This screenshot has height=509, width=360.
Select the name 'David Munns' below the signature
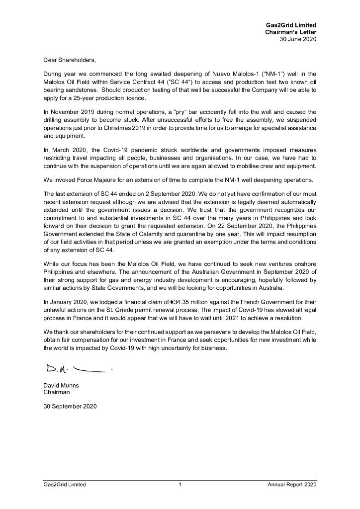pos(61,385)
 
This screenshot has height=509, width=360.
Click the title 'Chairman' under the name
pos(57,392)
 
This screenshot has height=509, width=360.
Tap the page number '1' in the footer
pos(180,485)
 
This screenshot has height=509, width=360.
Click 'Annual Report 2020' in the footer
pos(291,485)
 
